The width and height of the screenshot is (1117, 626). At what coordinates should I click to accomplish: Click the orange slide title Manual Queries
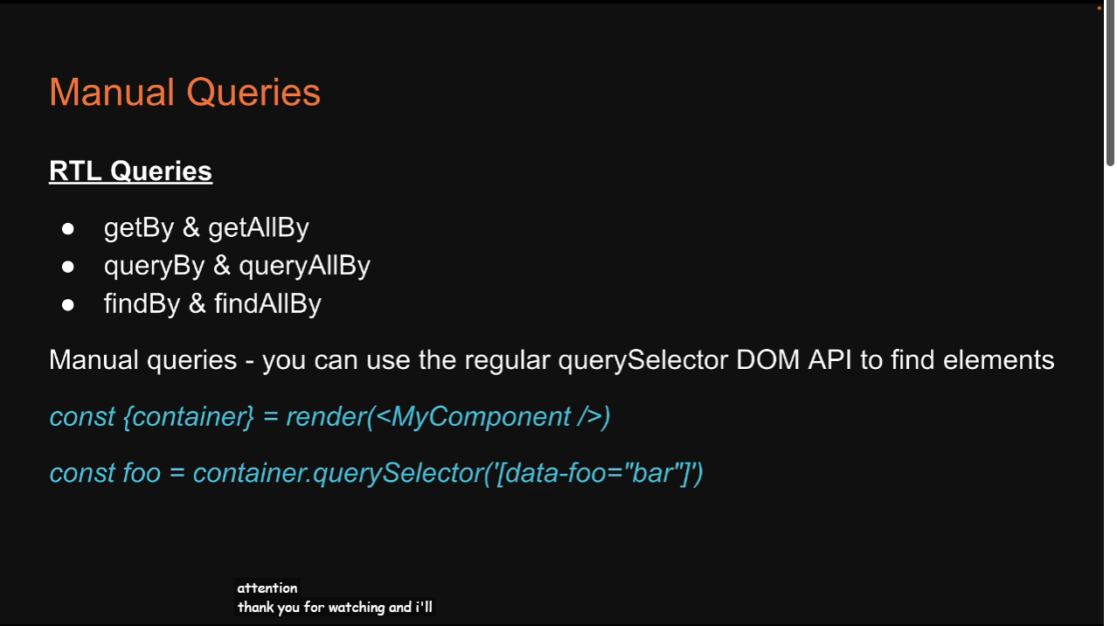pyautogui.click(x=184, y=93)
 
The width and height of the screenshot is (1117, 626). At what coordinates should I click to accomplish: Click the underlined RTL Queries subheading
pyautogui.click(x=130, y=171)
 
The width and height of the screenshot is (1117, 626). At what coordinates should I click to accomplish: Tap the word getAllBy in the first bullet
pyautogui.click(x=259, y=228)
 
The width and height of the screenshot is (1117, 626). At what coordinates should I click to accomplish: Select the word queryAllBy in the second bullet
pyautogui.click(x=304, y=266)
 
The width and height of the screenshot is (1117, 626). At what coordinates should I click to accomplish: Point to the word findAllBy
pyautogui.click(x=267, y=303)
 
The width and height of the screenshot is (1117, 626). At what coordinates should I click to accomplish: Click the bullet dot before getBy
pyautogui.click(x=68, y=229)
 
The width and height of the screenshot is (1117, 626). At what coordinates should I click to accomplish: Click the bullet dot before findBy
pyautogui.click(x=68, y=305)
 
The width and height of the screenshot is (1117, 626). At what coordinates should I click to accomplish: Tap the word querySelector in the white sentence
pyautogui.click(x=642, y=360)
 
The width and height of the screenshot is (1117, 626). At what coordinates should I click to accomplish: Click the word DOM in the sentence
pyautogui.click(x=767, y=360)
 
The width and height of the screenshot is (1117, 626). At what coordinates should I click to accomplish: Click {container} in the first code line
pyautogui.click(x=189, y=417)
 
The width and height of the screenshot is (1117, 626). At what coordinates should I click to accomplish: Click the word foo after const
pyautogui.click(x=142, y=473)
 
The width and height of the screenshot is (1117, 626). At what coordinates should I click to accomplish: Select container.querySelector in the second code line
pyautogui.click(x=337, y=474)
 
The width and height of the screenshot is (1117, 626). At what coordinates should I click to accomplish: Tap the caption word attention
pyautogui.click(x=267, y=588)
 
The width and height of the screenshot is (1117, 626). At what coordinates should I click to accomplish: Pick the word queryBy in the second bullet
pyautogui.click(x=154, y=266)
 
